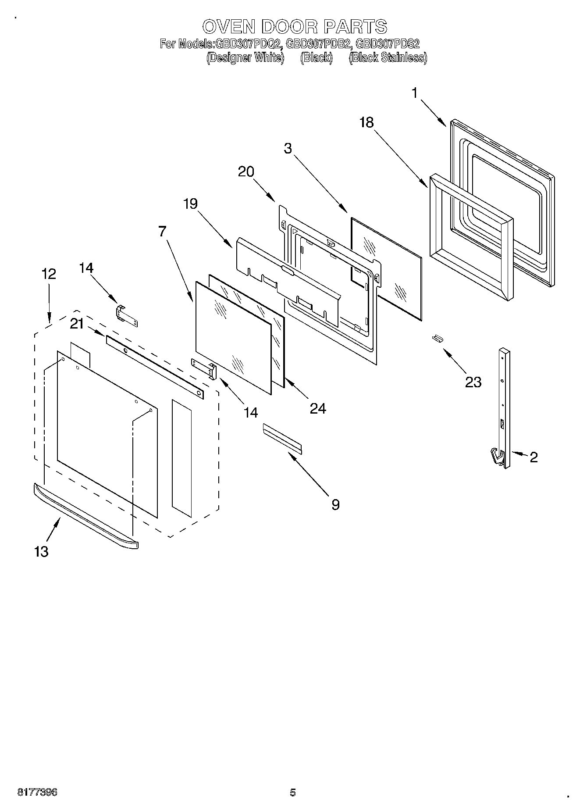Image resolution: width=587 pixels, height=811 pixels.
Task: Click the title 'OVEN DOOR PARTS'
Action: pos(294,27)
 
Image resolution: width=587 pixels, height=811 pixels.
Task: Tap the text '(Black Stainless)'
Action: pos(388,58)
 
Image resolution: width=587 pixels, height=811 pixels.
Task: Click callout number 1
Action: pos(414,93)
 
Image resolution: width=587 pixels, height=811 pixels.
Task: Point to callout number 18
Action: pos(366,122)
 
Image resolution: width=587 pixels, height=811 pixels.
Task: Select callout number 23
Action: pos(473,382)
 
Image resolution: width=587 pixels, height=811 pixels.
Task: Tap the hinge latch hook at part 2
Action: pos(496,456)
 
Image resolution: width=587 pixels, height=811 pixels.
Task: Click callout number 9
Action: pos(335,505)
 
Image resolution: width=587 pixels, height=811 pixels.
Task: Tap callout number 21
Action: pos(77,324)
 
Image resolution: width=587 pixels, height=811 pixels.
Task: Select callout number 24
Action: pos(318,408)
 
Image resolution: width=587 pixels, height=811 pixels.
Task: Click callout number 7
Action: pos(163,231)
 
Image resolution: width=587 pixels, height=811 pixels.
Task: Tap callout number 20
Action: pos(246,171)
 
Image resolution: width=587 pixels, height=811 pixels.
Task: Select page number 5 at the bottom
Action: pos(293,793)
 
